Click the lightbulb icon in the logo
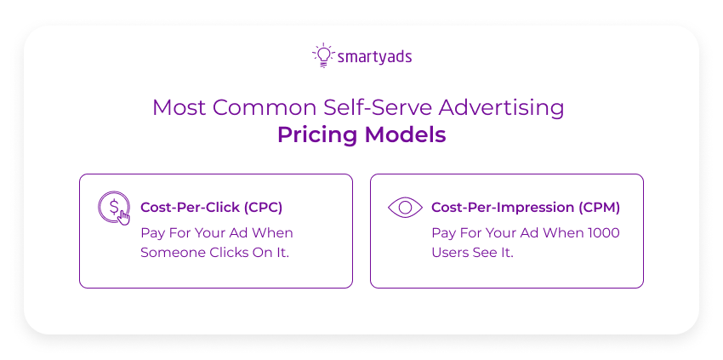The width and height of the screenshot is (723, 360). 322,54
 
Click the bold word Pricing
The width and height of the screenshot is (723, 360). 316,135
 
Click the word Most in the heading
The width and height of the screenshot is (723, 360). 179,108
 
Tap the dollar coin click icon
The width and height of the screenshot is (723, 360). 114,208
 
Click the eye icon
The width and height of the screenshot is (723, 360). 405,207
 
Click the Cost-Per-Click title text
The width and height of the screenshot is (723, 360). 190,207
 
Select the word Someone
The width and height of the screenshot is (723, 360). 168,254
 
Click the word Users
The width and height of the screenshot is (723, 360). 452,254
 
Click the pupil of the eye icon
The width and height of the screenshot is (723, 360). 405,207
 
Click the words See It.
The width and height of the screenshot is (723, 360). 497,254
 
